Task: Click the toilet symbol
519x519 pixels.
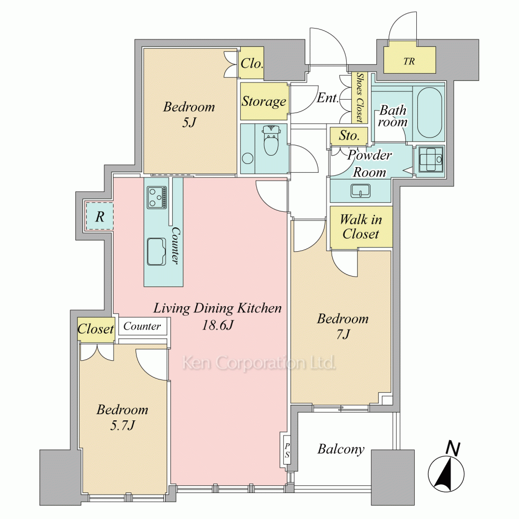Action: [x=271, y=141]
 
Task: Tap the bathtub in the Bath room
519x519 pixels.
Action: [x=429, y=113]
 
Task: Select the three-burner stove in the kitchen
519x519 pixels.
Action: [x=157, y=198]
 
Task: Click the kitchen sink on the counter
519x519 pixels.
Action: [x=156, y=252]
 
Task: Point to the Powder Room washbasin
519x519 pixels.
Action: [x=361, y=191]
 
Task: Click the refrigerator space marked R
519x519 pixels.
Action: [x=100, y=217]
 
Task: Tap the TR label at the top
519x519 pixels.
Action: [x=409, y=61]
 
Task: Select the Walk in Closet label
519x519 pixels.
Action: [x=361, y=227]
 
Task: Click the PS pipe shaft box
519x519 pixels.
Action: [x=286, y=450]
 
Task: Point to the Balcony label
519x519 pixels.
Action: [x=341, y=449]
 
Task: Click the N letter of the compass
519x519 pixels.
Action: [x=453, y=449]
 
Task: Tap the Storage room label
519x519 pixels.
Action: [x=264, y=101]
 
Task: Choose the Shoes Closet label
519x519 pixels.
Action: [x=360, y=98]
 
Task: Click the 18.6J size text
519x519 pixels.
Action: [x=218, y=325]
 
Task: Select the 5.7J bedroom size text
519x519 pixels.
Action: [x=122, y=426]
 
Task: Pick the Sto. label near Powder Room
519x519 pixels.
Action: [x=349, y=135]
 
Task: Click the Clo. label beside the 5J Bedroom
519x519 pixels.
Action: [x=252, y=63]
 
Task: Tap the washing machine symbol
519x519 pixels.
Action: [x=431, y=159]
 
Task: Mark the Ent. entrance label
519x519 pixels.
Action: [x=327, y=98]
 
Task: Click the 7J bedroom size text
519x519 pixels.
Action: [x=343, y=334]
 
